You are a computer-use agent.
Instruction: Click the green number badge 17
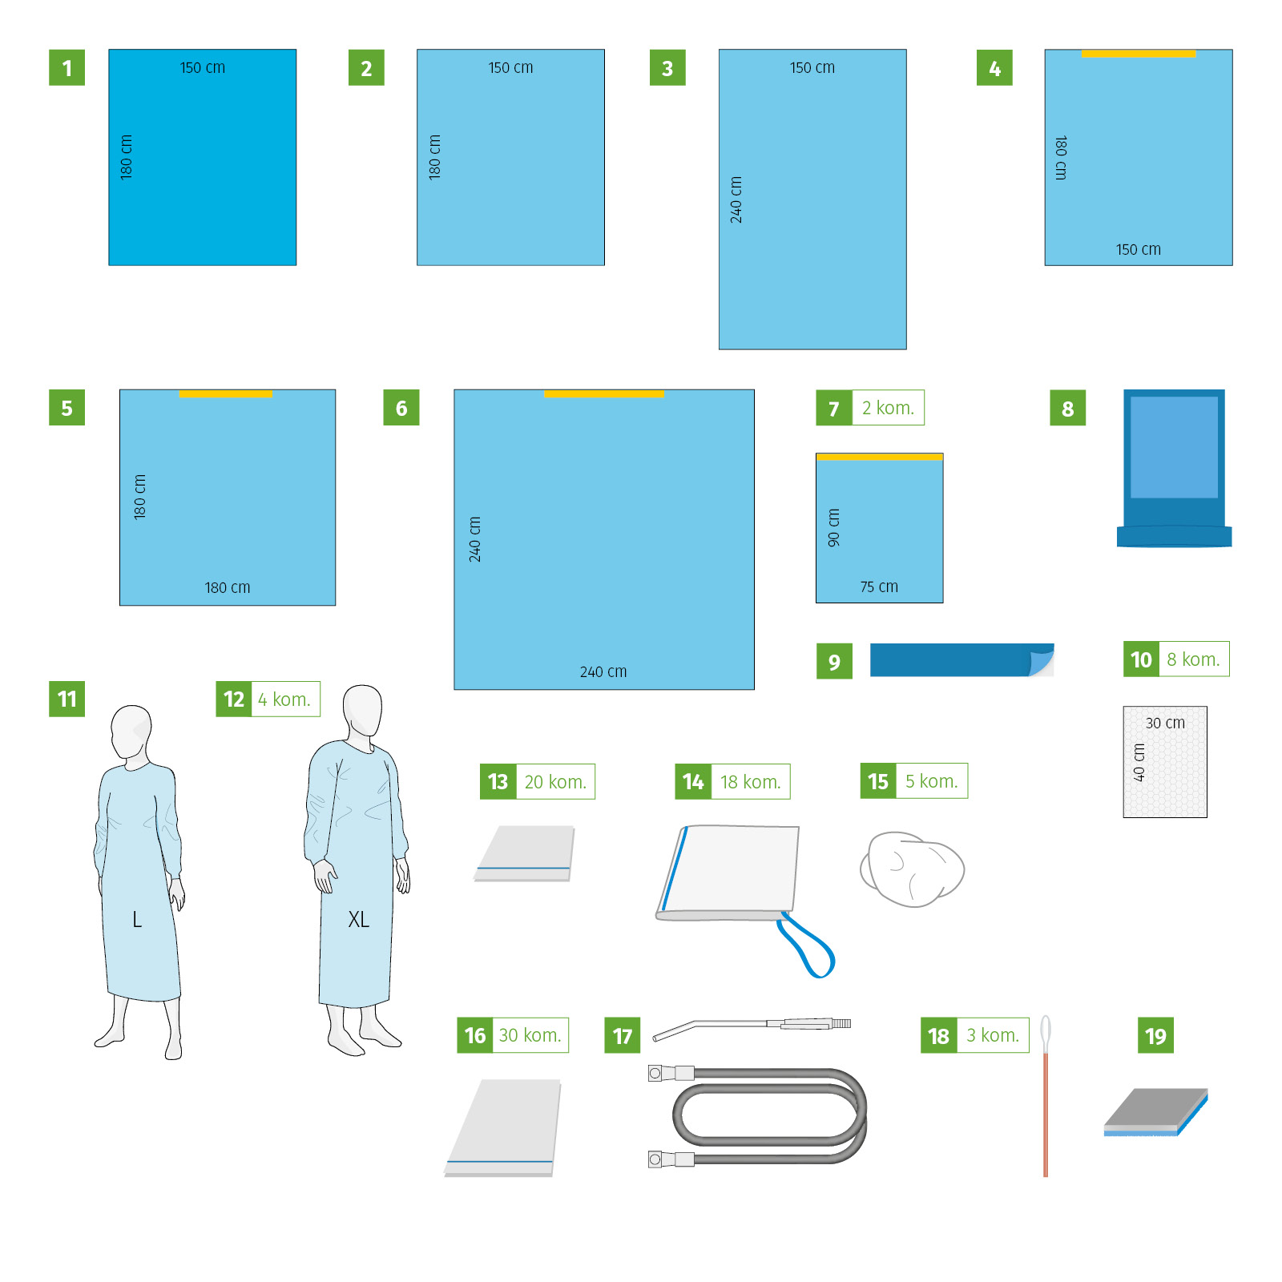tap(622, 1035)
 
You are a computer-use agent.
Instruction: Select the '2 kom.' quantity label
tap(888, 408)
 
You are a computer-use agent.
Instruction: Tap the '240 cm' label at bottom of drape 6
tap(603, 671)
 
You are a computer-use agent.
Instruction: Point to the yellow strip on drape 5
tap(225, 394)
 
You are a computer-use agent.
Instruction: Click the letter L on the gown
tap(137, 919)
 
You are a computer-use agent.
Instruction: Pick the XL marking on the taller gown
tap(358, 919)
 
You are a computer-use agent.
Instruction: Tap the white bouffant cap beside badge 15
tap(912, 869)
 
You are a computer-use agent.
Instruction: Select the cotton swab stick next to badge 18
tap(1046, 1096)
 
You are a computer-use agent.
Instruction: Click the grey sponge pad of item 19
tap(1155, 1111)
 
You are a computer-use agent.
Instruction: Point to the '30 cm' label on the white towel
tap(1165, 723)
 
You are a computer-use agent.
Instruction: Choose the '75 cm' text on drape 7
tap(879, 587)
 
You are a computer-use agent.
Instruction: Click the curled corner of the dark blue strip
tap(1042, 661)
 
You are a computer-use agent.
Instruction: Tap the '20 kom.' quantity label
tap(555, 782)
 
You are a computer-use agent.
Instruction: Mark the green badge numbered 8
tap(1067, 408)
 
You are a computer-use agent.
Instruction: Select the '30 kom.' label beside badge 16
tap(530, 1035)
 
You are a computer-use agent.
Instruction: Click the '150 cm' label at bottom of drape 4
tap(1138, 249)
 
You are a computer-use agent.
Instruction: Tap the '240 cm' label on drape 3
tap(736, 200)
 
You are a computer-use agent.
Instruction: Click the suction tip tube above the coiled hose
tap(752, 1027)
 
